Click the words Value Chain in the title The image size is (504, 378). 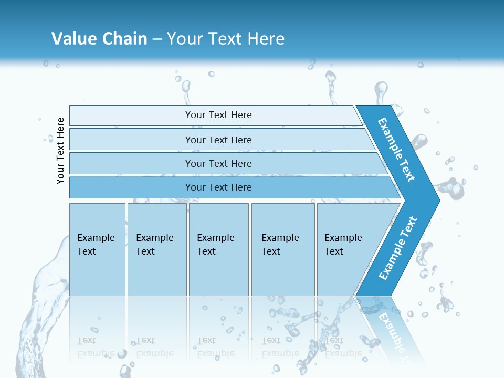tap(99, 38)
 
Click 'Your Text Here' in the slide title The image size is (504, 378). tap(226, 38)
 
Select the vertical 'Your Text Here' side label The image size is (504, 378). tap(60, 151)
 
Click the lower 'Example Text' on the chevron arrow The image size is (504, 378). tap(398, 248)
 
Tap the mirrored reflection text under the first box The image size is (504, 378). tap(96, 347)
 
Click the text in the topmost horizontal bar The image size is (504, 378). tap(218, 115)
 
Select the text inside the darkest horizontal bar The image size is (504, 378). tap(218, 187)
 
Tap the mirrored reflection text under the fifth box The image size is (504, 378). tap(342, 347)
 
